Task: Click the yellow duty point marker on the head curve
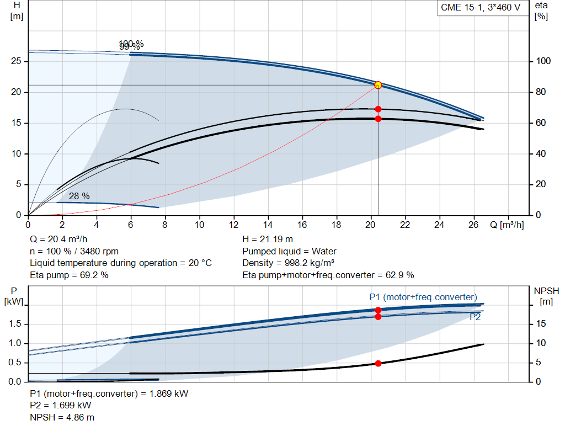[x=378, y=85]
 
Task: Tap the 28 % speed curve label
[x=79, y=196]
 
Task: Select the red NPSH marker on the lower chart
[x=378, y=363]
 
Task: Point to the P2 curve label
[x=475, y=317]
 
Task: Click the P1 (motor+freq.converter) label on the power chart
[x=423, y=297]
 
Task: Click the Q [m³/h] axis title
[x=507, y=225]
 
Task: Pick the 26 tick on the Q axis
[x=473, y=225]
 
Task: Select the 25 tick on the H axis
[x=17, y=61]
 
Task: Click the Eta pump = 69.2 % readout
[x=69, y=275]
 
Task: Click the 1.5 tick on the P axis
[x=15, y=324]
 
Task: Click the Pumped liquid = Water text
[x=289, y=251]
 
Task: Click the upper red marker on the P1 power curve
[x=378, y=310]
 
